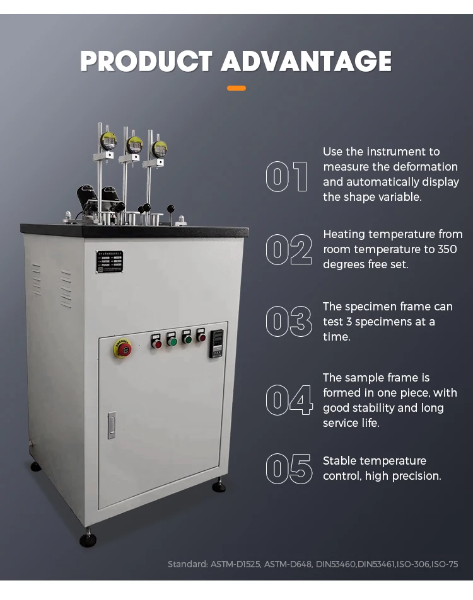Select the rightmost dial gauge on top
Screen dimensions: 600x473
click(x=159, y=149)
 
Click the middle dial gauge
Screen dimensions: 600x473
click(x=134, y=145)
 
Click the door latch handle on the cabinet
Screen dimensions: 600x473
click(x=112, y=425)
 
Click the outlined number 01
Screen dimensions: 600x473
click(x=287, y=176)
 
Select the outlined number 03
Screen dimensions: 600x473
click(x=288, y=321)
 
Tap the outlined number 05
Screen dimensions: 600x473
click(x=289, y=468)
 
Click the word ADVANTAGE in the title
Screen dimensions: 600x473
click(x=306, y=62)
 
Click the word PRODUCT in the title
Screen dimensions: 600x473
click(x=146, y=62)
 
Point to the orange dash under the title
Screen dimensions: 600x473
click(x=237, y=88)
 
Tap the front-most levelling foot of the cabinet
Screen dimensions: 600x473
click(x=88, y=540)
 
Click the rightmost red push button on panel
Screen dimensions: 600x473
click(x=201, y=337)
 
